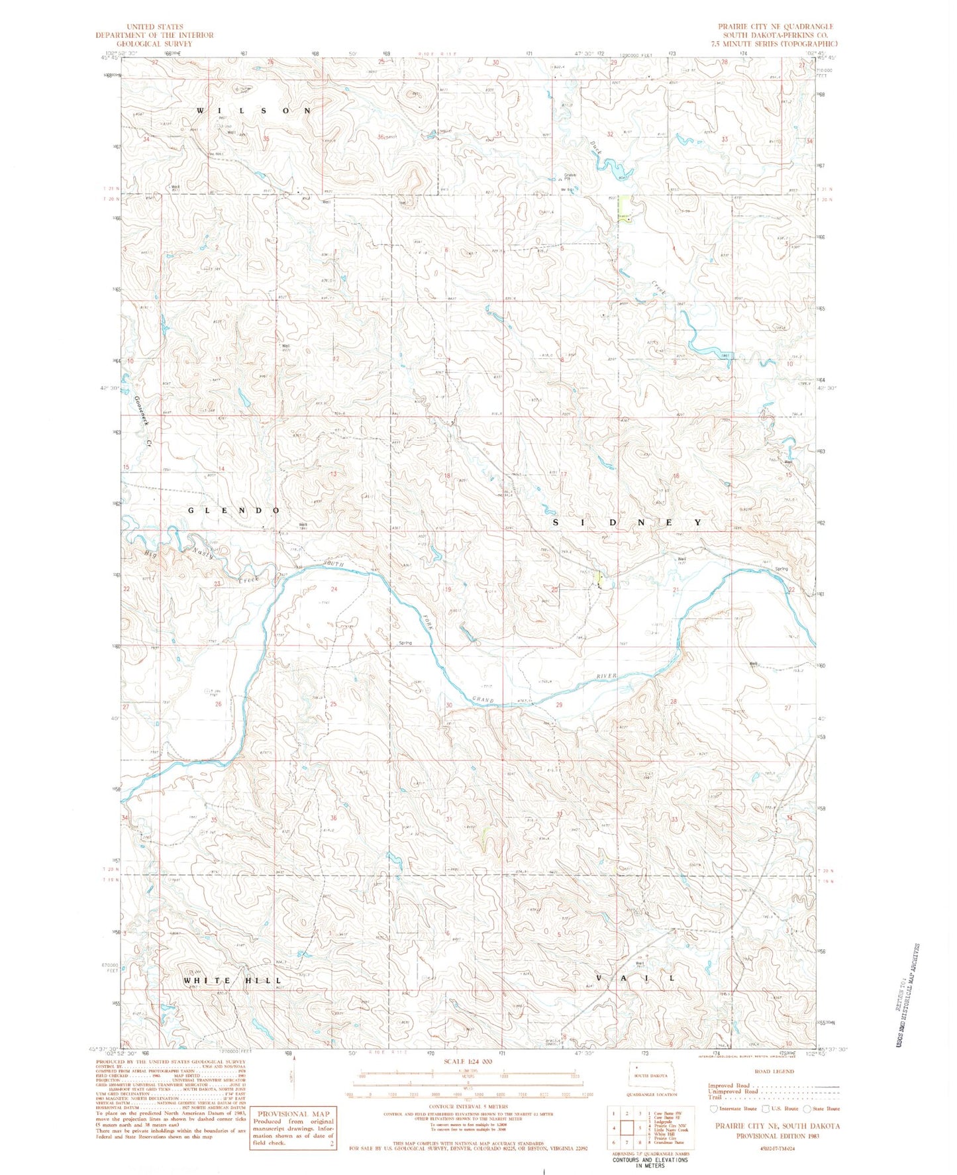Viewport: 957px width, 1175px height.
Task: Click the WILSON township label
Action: point(254,111)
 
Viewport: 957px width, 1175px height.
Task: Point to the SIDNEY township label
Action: point(627,522)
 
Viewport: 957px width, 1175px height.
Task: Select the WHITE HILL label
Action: point(232,980)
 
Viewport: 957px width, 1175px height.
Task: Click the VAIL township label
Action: point(636,978)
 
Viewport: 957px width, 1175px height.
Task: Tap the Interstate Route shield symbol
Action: point(713,1108)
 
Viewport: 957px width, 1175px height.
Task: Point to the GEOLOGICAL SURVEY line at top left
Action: point(154,43)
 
